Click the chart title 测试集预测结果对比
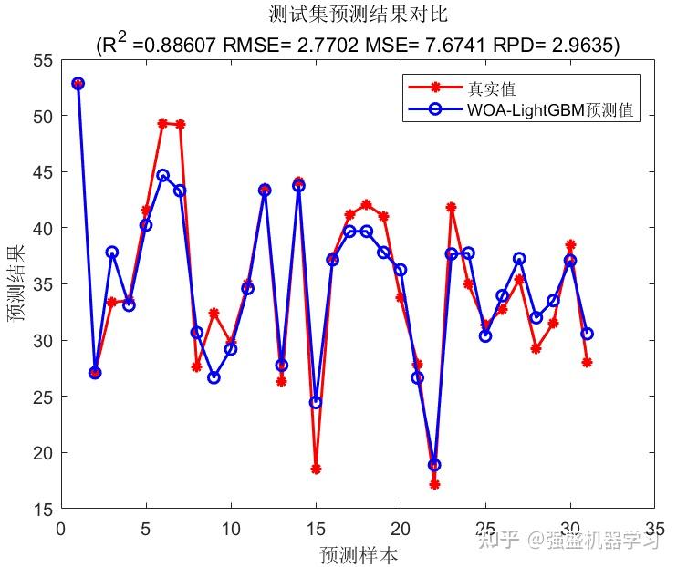(359, 15)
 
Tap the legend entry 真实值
(492, 88)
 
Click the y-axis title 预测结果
(17, 283)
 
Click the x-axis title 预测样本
(358, 554)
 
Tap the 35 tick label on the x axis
(654, 528)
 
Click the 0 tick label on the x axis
(61, 528)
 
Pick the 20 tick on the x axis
(401, 528)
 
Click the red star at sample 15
(316, 469)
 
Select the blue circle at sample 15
(316, 402)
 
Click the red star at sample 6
(162, 123)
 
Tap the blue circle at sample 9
(214, 377)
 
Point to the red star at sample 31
(587, 362)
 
